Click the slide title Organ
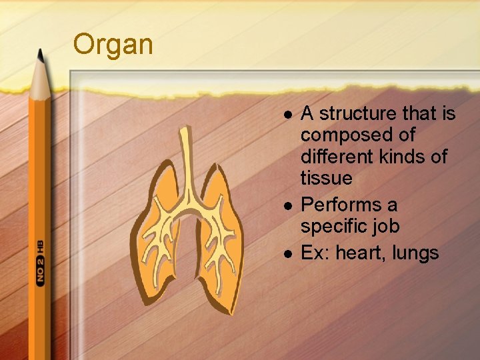[x=113, y=45]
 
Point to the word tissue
[x=326, y=178]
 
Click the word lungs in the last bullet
[x=415, y=254]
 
